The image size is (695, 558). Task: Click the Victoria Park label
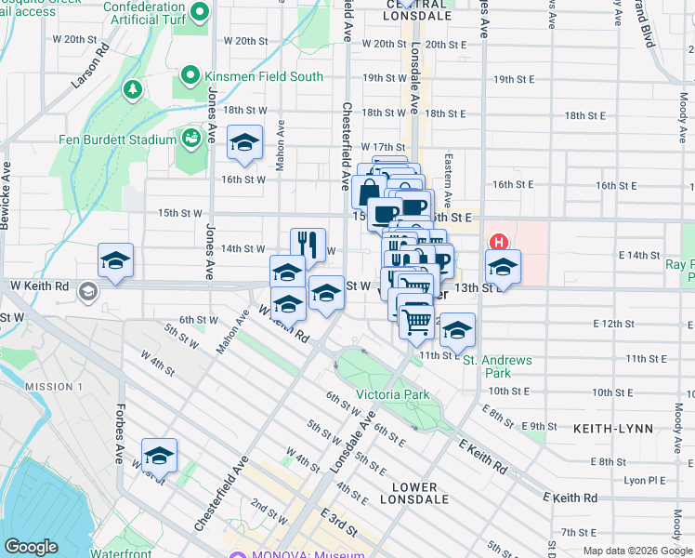393,394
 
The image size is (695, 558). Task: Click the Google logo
32,546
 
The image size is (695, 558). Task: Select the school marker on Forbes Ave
160,456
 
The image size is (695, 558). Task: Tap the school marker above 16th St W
244,142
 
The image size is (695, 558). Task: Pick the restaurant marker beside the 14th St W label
308,246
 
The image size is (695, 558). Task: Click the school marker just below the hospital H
503,267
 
